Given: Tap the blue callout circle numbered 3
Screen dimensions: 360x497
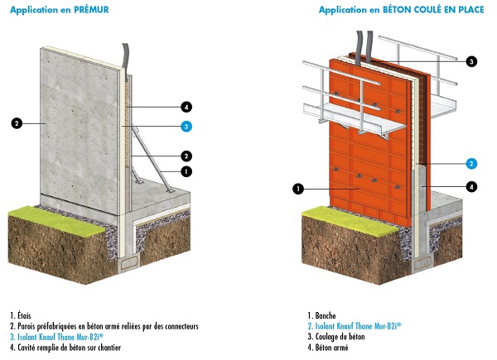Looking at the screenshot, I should click(187, 126).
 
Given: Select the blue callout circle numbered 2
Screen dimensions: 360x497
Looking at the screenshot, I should click(470, 163).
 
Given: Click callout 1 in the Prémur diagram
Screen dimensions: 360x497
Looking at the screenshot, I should click(187, 171).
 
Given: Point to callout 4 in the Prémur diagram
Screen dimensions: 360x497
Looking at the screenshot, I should click(187, 107).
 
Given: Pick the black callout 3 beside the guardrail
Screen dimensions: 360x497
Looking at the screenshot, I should click(470, 61).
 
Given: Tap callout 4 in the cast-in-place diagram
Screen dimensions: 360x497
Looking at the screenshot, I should click(470, 187).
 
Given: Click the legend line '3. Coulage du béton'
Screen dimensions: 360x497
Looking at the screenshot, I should click(339, 337).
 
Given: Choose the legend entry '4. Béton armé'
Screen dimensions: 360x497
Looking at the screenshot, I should click(331, 348).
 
